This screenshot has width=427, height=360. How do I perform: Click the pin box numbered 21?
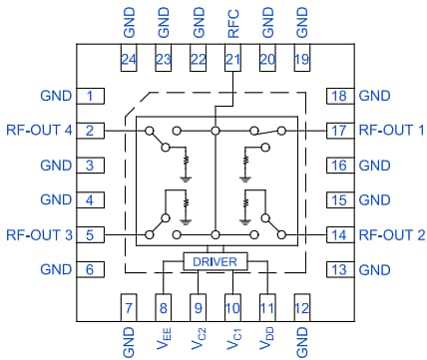pyautogui.click(x=232, y=61)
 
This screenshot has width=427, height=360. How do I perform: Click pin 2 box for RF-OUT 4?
pyautogui.click(x=90, y=131)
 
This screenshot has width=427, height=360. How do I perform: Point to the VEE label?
pyautogui.click(x=164, y=338)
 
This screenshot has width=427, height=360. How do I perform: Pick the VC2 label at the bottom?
pyautogui.click(x=198, y=338)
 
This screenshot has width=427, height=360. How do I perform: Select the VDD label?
pyautogui.click(x=266, y=338)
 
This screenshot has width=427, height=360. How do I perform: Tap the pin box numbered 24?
pyautogui.click(x=129, y=61)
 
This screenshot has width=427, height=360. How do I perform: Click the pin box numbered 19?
pyautogui.click(x=301, y=61)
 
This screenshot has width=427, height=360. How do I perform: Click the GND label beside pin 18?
pyautogui.click(x=374, y=97)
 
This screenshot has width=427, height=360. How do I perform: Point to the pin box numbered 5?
pyautogui.click(x=90, y=235)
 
